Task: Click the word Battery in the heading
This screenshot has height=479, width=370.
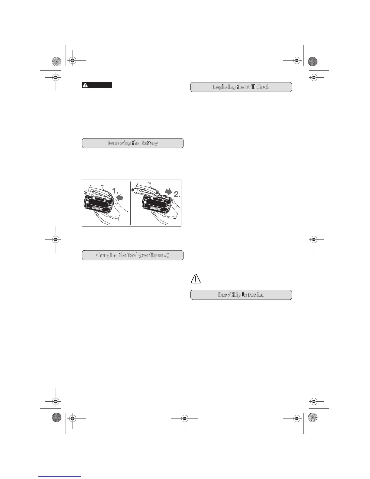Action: tap(149, 143)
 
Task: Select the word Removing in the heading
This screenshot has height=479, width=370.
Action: tap(119, 143)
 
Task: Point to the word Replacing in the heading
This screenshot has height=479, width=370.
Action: tap(224, 87)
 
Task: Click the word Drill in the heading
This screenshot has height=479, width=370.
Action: tap(250, 87)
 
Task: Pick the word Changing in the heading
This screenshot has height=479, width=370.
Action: tap(107, 255)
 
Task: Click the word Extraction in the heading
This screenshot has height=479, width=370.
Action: tap(253, 295)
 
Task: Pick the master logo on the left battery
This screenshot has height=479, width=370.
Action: tap(97, 208)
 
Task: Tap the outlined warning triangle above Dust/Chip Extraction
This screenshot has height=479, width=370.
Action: tap(196, 278)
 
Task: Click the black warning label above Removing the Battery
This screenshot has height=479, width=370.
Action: tap(97, 85)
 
